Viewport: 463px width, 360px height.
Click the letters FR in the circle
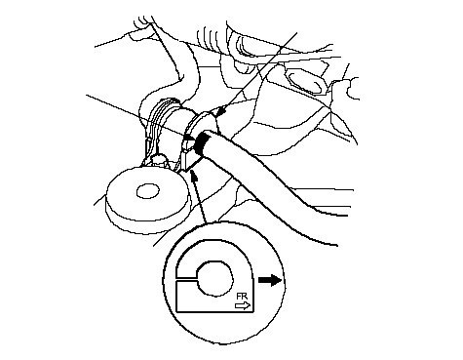click(242, 297)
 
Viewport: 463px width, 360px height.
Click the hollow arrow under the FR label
click(243, 305)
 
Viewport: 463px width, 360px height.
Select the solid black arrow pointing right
click(270, 280)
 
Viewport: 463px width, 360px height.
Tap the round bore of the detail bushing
click(215, 279)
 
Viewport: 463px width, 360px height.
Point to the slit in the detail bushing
click(186, 279)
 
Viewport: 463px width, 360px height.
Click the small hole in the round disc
click(148, 191)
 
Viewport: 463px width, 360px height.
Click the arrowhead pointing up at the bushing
click(194, 176)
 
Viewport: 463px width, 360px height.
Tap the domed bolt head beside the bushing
click(159, 159)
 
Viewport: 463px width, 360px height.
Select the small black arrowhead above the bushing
click(221, 110)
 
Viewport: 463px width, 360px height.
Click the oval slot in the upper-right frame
click(305, 82)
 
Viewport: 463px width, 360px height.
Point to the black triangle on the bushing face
click(189, 138)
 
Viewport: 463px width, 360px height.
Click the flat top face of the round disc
click(147, 193)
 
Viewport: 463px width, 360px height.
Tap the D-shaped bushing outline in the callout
click(214, 276)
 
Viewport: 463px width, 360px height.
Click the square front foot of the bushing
click(189, 160)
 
